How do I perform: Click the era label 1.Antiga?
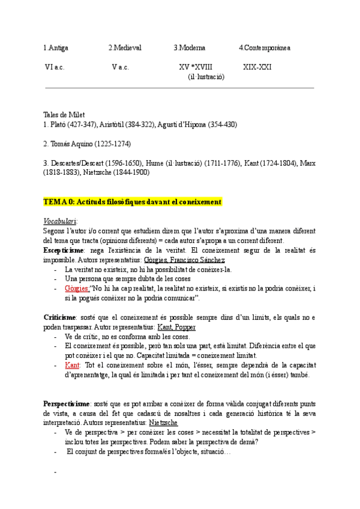[x=56, y=47]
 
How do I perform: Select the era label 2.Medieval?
[x=124, y=47]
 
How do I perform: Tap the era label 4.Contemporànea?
[x=265, y=47]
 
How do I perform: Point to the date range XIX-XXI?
[x=257, y=67]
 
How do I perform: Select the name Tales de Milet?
[x=64, y=115]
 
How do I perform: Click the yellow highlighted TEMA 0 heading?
[x=133, y=201]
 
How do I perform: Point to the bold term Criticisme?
[x=59, y=316]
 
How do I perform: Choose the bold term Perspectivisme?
[x=65, y=403]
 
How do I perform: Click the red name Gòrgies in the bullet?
[x=77, y=288]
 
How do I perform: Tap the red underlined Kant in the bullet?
[x=71, y=365]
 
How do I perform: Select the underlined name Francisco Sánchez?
[x=199, y=259]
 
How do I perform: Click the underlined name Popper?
[x=185, y=327]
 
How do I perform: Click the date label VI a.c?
[x=55, y=67]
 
